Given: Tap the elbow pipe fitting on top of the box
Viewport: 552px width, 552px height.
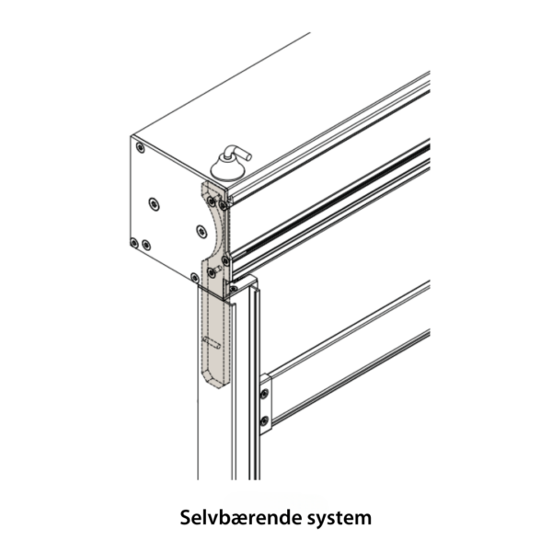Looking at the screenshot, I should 236,152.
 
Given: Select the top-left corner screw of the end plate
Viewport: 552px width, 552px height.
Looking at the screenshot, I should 139,147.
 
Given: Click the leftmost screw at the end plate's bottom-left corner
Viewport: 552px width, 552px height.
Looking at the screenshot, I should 134,243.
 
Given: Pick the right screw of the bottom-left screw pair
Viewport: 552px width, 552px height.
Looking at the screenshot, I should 146,245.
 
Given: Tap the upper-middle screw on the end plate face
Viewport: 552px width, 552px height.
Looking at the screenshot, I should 154,201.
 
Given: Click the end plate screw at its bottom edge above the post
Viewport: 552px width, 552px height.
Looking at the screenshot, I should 194,276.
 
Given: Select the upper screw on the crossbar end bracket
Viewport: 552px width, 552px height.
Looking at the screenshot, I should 265,395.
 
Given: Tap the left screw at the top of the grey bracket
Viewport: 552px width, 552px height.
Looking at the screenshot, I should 210,198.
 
